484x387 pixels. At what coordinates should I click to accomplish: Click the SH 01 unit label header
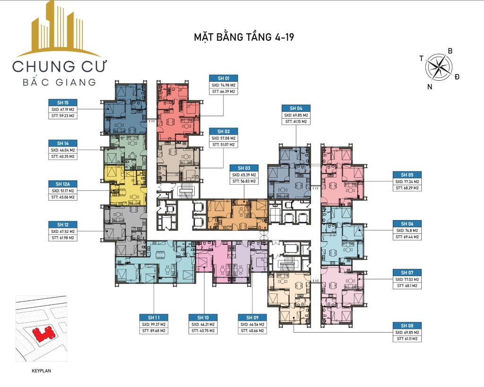click(224, 78)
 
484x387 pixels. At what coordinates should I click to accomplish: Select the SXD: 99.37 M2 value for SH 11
click(154, 325)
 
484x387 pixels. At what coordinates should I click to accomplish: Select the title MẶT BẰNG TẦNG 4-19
click(244, 37)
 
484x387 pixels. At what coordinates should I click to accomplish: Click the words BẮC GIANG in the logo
click(59, 82)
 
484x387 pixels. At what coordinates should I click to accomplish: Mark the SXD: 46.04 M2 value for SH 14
click(63, 150)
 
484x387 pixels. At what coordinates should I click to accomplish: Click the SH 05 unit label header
click(407, 175)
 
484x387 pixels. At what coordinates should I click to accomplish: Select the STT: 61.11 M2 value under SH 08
click(407, 339)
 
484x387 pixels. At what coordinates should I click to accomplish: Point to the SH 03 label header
click(244, 168)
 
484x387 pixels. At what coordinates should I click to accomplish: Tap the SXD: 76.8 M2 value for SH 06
click(407, 230)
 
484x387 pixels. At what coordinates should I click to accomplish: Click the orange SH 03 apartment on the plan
click(237, 215)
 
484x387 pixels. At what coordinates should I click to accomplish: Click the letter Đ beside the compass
click(457, 77)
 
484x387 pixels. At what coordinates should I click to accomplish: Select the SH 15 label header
click(63, 102)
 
